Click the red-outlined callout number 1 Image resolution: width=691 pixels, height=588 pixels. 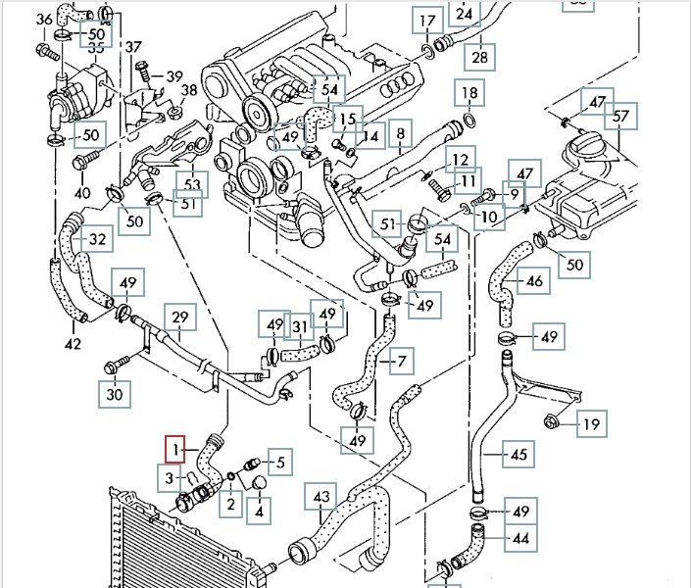coord(174,450)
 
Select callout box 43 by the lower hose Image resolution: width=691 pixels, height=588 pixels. coord(321,499)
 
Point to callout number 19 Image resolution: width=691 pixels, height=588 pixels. coord(591,424)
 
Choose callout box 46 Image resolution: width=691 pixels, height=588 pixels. coord(533,282)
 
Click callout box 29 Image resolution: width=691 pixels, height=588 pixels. coord(179,318)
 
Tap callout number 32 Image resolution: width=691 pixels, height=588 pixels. coord(96,239)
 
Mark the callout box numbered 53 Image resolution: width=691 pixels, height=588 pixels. coord(191,183)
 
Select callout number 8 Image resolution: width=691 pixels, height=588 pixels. coord(400,132)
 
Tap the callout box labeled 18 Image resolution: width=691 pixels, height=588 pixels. coord(469,95)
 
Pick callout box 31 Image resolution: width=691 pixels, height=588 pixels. coord(301,326)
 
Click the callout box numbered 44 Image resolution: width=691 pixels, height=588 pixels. coord(519,538)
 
